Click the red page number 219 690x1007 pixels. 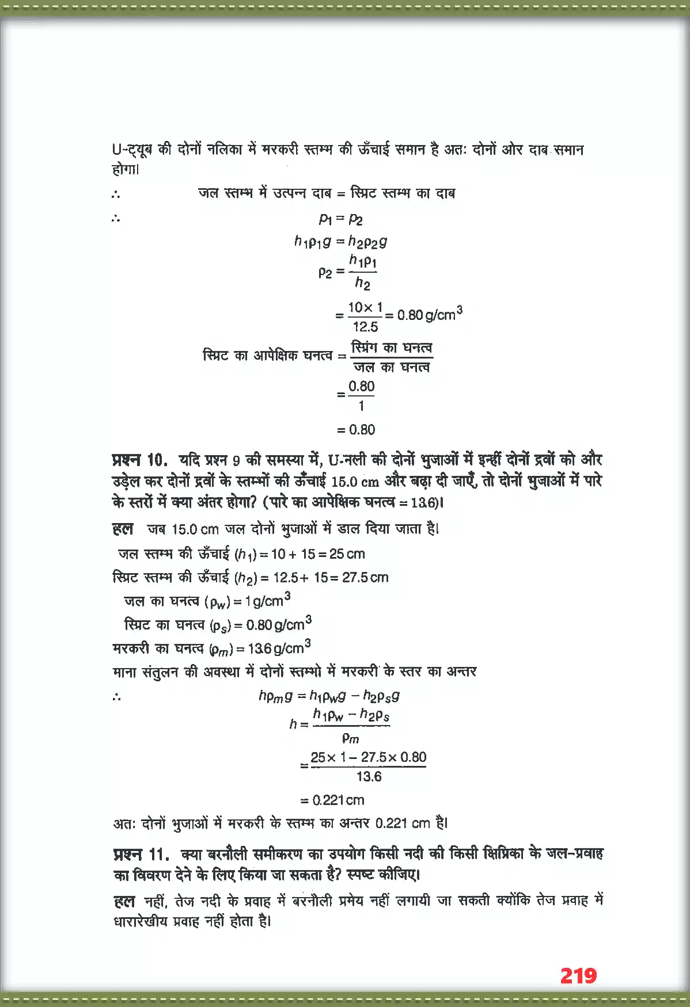pos(578,976)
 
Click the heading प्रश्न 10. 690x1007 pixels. pos(140,460)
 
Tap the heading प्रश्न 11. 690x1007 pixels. pos(141,854)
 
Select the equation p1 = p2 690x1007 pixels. pos(340,219)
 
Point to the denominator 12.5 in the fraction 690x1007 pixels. pos(365,327)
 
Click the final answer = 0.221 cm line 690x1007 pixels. pos(333,800)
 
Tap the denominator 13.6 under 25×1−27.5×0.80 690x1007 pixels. pos(369,777)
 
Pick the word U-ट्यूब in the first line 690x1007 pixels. pos(132,150)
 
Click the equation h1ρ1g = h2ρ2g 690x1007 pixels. pos(340,242)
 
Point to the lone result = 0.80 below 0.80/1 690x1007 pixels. pos(356,430)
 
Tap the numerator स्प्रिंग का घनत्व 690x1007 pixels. pos(391,348)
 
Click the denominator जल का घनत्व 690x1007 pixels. pos(391,367)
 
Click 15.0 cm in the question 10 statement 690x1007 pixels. pos(355,481)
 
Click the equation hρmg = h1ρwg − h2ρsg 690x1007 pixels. pos(329,696)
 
